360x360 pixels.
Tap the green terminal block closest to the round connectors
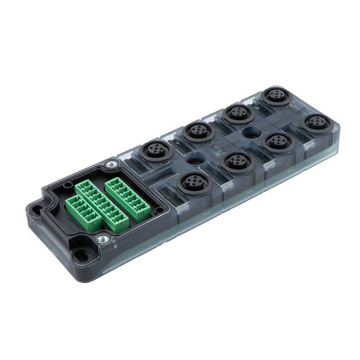[127, 199]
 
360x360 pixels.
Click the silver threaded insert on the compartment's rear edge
[112, 164]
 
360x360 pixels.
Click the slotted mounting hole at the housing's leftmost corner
[37, 209]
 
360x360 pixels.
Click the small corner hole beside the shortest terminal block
[69, 185]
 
